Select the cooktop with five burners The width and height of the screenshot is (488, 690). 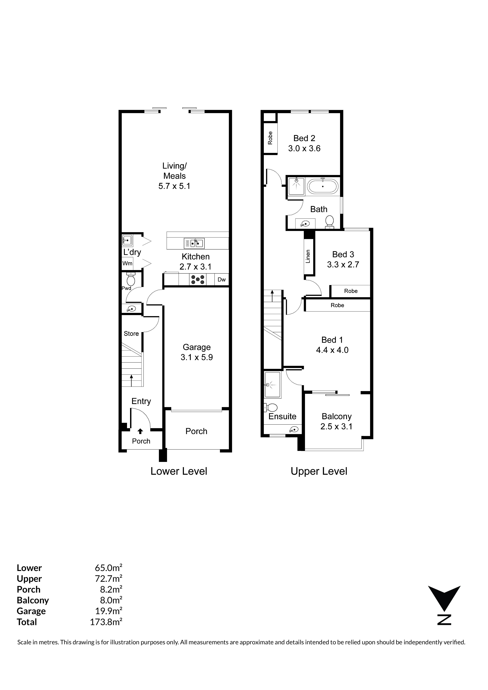(198, 280)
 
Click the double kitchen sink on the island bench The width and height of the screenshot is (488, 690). (194, 243)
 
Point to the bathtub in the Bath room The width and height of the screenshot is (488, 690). (323, 186)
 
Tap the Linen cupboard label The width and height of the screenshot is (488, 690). (308, 256)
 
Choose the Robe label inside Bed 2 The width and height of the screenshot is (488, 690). (270, 138)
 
